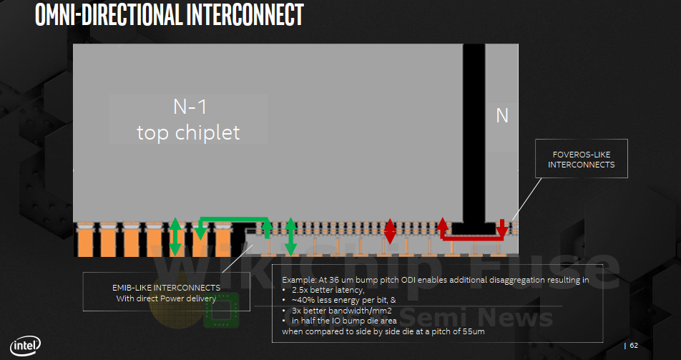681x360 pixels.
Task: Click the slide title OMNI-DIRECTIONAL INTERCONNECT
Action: [x=169, y=15]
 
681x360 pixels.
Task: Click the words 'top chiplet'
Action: [x=188, y=132]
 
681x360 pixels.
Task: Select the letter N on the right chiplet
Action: [x=502, y=115]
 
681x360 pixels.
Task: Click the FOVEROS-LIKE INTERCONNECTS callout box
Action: [x=581, y=159]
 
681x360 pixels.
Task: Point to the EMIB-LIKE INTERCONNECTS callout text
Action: [x=166, y=287]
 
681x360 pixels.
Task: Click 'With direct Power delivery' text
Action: [x=166, y=298]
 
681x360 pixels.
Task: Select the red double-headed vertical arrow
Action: [x=390, y=230]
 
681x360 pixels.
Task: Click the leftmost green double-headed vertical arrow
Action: [x=175, y=236]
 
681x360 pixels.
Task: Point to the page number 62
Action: [x=634, y=346]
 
